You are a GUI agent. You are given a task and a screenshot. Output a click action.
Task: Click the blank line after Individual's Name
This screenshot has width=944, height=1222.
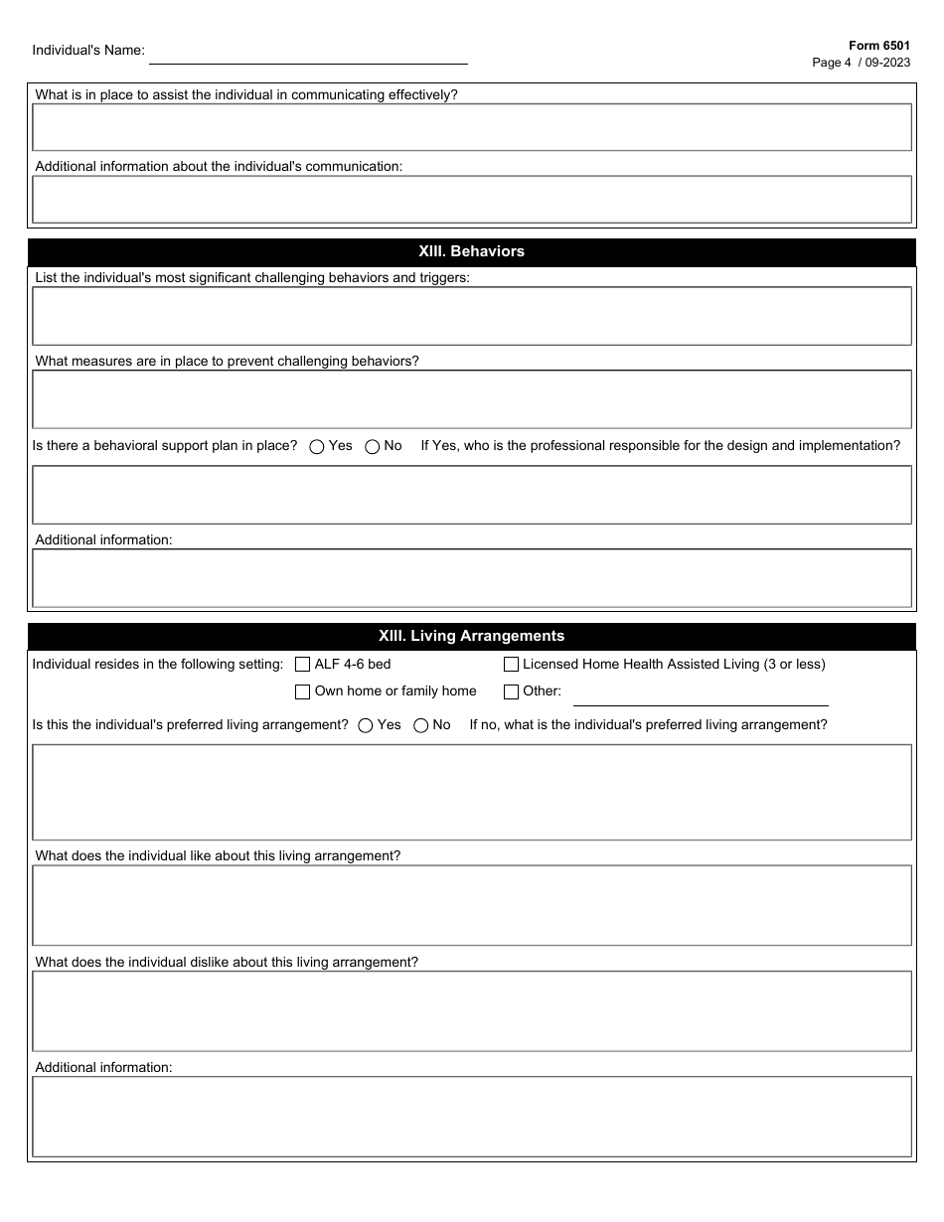[308, 54]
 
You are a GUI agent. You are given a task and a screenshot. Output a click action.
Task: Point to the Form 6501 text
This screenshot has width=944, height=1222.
[878, 46]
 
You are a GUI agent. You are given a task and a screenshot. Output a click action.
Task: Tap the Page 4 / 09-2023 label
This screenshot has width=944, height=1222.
[861, 63]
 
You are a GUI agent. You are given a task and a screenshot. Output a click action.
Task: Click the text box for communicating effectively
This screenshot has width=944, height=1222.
[472, 127]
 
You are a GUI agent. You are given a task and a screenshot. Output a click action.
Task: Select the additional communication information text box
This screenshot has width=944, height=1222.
[472, 199]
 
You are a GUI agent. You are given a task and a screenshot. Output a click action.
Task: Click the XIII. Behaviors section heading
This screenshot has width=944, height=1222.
[472, 251]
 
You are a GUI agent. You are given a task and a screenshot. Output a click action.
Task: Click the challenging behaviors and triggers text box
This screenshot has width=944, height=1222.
[472, 316]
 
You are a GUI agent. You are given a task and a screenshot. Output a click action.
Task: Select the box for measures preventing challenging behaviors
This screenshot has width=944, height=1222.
[472, 399]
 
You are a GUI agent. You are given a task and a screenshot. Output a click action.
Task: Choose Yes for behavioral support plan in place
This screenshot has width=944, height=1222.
[317, 447]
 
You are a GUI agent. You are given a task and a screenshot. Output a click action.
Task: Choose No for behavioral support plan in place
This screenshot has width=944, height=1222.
[373, 447]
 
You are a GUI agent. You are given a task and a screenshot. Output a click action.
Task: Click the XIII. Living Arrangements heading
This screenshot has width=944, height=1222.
[472, 636]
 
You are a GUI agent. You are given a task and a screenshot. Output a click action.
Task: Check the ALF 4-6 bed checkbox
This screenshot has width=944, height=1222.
[303, 665]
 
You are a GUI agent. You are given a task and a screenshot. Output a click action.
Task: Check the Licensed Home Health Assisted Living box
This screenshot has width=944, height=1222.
[512, 665]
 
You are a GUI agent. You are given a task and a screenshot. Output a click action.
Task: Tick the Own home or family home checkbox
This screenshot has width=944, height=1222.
[303, 691]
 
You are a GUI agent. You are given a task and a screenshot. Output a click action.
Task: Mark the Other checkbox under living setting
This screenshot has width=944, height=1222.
[512, 691]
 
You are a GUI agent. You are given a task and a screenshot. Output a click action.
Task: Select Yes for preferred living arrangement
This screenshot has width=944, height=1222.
[366, 725]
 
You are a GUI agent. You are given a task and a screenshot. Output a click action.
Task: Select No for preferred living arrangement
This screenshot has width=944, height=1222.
[421, 725]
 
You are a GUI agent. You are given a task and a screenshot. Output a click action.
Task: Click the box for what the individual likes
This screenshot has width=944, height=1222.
[472, 905]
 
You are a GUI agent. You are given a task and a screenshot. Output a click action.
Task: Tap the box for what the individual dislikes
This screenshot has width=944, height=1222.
[472, 1010]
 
